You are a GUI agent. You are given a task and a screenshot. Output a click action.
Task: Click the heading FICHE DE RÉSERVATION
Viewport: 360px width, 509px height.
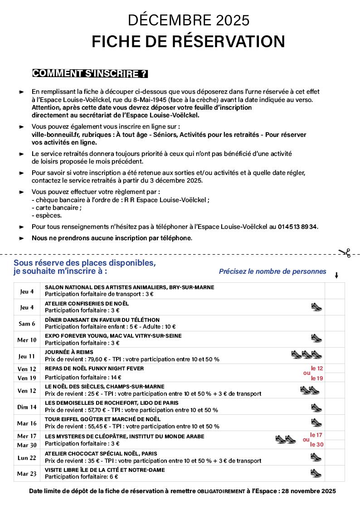(x=188, y=41)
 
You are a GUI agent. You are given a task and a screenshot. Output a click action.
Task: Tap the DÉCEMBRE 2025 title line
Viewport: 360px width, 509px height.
(x=189, y=20)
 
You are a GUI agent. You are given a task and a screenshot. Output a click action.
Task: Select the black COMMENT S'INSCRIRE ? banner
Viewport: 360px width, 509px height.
(x=90, y=73)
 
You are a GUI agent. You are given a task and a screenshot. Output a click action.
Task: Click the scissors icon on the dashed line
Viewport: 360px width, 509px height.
(x=344, y=252)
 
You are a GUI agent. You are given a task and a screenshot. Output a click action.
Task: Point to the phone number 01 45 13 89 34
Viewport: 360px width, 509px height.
(x=297, y=226)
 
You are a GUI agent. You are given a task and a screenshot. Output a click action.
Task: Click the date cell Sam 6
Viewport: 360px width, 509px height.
(x=27, y=324)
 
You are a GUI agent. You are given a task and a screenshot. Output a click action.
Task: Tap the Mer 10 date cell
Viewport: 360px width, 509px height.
(x=27, y=340)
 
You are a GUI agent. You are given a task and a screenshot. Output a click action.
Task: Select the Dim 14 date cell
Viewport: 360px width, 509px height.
(x=27, y=407)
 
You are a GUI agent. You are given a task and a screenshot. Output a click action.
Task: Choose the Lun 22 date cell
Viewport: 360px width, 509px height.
(x=27, y=458)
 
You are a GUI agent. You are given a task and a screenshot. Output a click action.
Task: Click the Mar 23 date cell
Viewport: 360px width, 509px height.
(x=27, y=474)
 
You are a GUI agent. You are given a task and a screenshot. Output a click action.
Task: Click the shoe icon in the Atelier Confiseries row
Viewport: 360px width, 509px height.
(x=316, y=307)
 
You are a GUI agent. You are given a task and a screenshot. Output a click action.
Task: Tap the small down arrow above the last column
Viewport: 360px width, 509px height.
(x=336, y=275)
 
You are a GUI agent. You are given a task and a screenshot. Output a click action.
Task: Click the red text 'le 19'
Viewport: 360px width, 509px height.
(x=316, y=378)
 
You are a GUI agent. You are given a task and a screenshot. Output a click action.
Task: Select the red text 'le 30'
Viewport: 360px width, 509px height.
(x=316, y=445)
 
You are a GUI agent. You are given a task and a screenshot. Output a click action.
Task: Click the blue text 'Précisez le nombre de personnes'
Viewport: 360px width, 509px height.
(x=272, y=271)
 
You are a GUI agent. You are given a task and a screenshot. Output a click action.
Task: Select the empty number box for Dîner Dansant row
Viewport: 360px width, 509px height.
(x=335, y=323)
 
